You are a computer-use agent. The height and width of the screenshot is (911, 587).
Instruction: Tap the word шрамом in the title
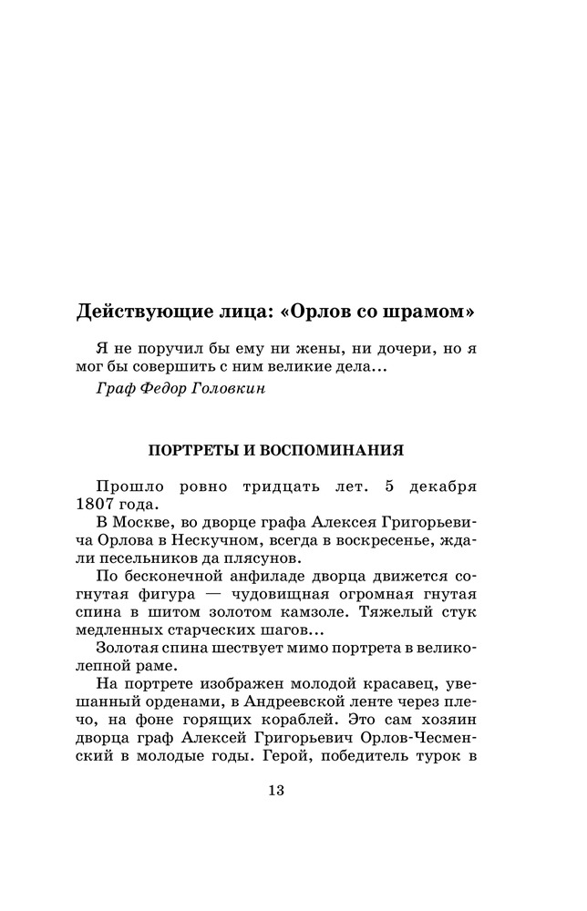[x=427, y=311]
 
